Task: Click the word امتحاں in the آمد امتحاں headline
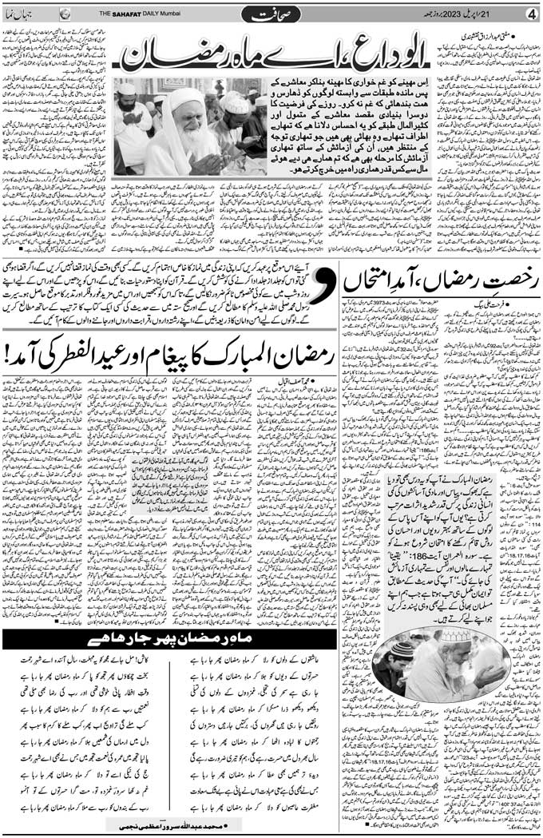371,282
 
